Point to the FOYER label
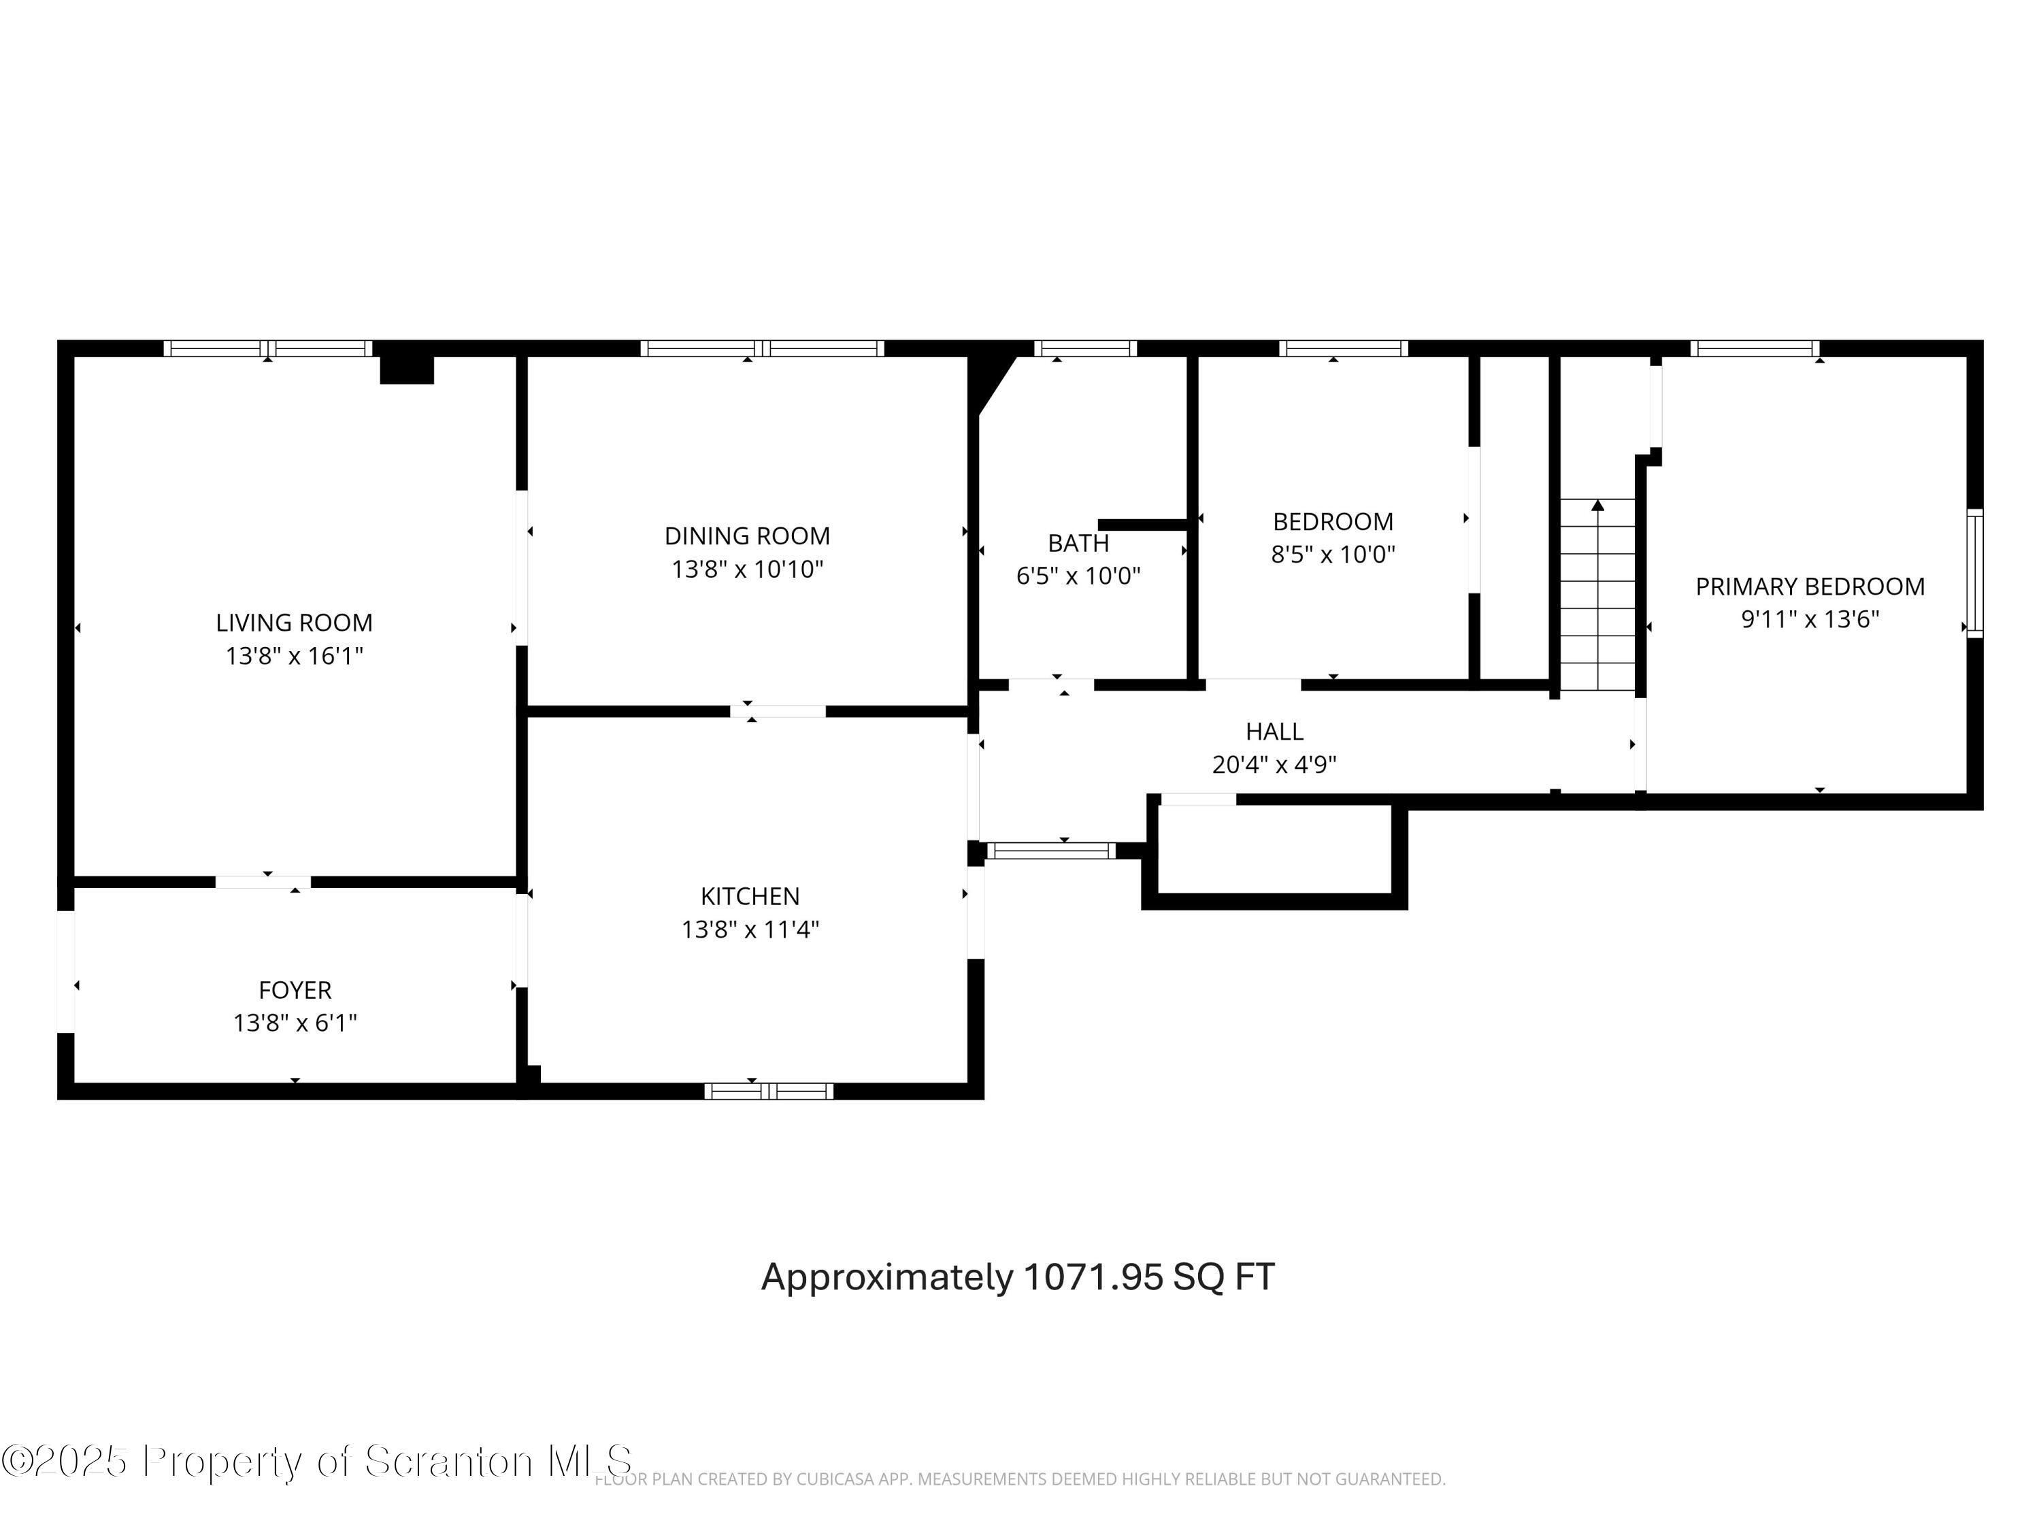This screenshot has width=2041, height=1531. [295, 990]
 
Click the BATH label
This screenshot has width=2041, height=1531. [1078, 544]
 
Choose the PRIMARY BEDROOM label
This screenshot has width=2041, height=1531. [1810, 587]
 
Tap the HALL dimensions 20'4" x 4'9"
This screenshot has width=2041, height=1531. [1274, 765]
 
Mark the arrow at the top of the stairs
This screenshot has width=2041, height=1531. [1597, 505]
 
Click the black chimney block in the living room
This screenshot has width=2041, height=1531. [407, 368]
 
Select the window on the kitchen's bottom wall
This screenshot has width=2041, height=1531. [769, 1091]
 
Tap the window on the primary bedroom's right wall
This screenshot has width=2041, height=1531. [1974, 572]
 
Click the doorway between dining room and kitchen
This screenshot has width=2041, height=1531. [777, 712]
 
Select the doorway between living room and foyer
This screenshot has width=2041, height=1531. [263, 883]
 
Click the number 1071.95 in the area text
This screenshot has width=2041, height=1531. [1093, 1277]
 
